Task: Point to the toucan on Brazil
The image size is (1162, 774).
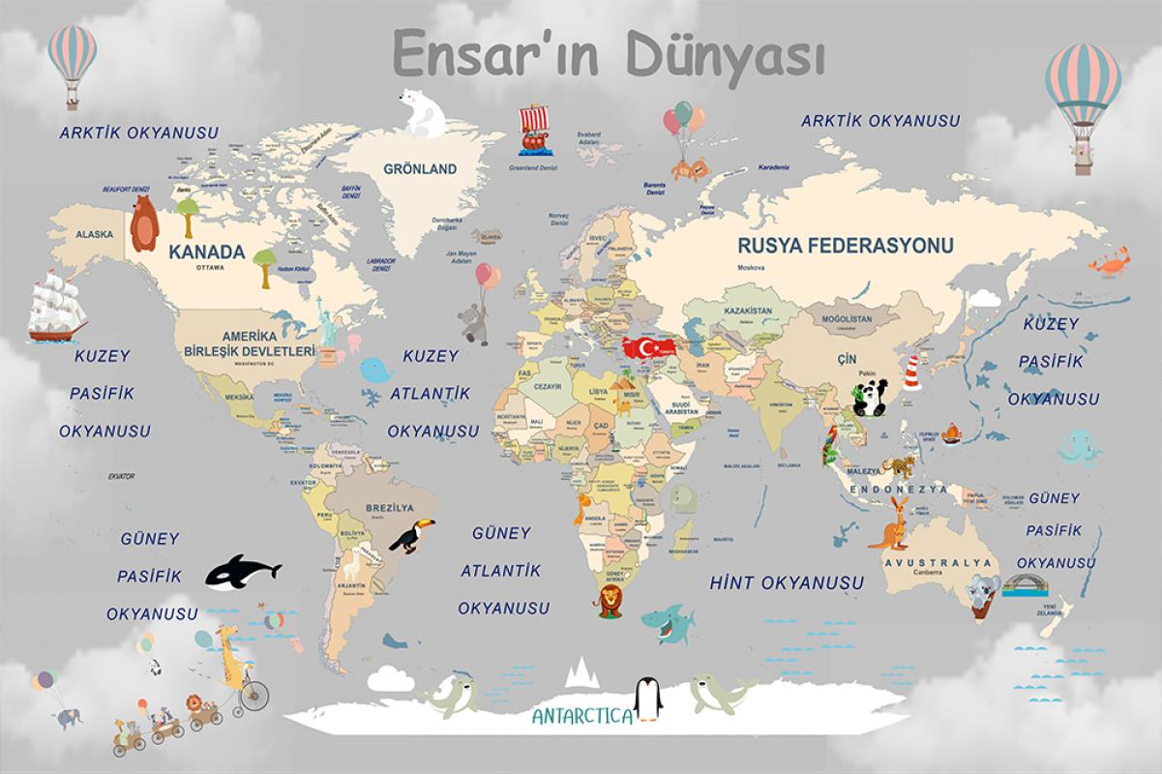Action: [x=412, y=535]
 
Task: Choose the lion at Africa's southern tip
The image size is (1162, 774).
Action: [x=611, y=601]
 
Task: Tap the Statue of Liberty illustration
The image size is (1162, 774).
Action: [x=328, y=329]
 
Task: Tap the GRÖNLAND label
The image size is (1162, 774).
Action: [x=420, y=169]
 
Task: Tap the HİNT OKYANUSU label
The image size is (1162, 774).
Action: [x=787, y=583]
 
